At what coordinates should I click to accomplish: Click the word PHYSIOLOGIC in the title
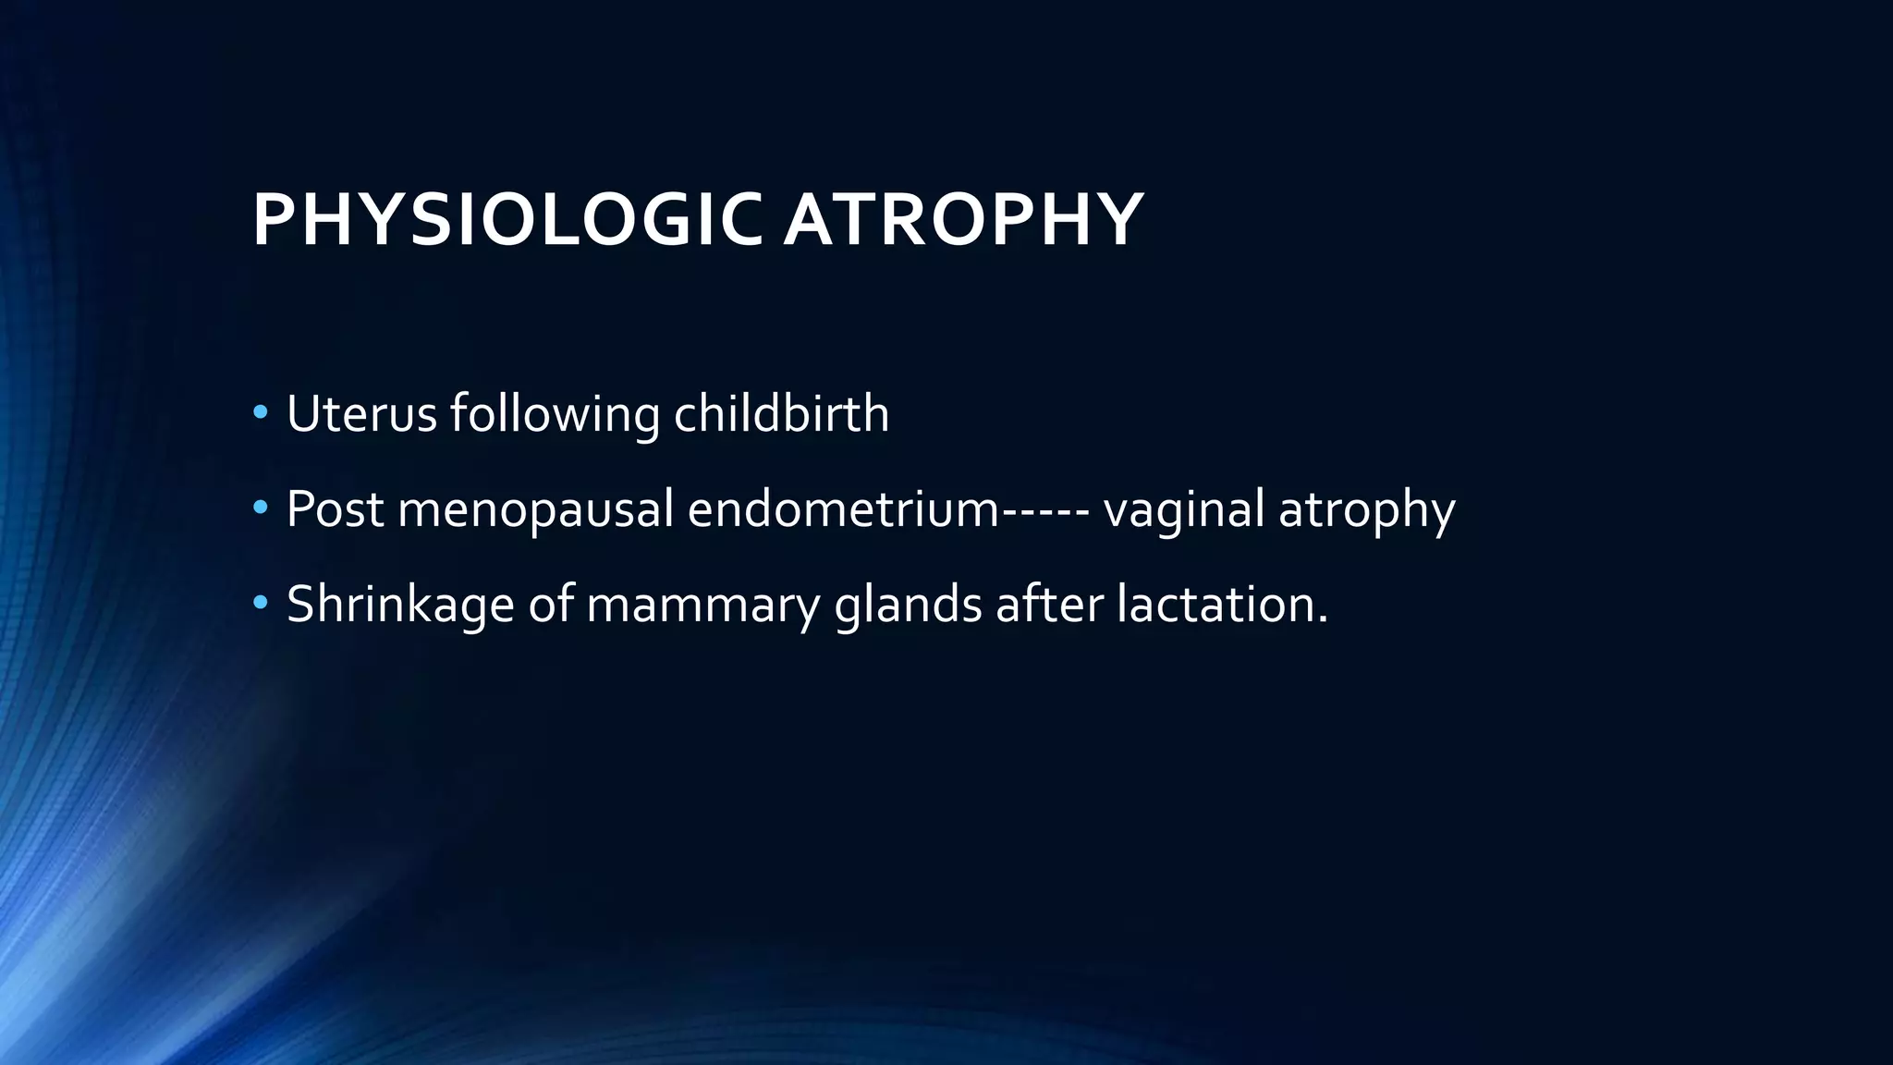point(507,220)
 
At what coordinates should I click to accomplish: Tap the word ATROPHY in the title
point(963,220)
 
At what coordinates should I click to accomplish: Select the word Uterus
point(361,413)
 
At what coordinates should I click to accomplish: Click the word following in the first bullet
point(555,415)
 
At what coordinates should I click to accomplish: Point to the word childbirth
point(781,413)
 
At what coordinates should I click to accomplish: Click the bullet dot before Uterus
point(261,412)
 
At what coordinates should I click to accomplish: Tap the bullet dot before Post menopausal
point(261,508)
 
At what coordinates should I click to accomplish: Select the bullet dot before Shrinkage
point(261,604)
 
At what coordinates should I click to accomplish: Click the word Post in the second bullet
point(335,509)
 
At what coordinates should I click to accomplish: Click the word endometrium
point(843,509)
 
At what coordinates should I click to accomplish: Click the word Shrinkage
point(400,606)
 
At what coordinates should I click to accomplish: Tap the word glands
point(908,606)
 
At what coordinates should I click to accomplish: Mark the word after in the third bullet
point(1049,604)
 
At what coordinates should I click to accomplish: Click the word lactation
point(1221,604)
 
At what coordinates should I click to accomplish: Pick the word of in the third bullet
point(551,604)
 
